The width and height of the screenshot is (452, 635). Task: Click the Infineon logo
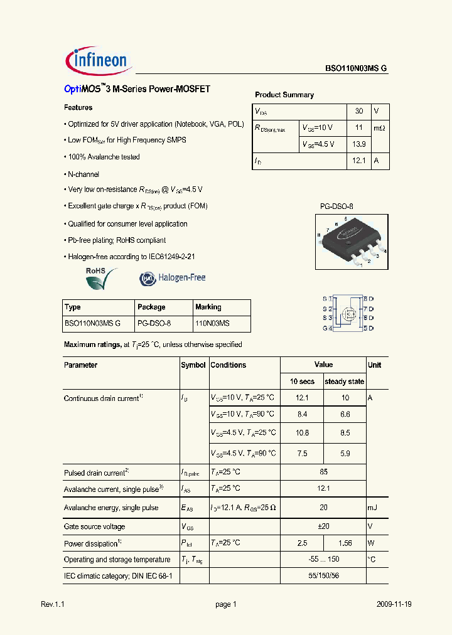pyautogui.click(x=97, y=61)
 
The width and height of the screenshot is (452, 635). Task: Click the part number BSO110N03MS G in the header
pyautogui.click(x=356, y=69)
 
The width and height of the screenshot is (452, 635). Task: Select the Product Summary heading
pyautogui.click(x=284, y=95)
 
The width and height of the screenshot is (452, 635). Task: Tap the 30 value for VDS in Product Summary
pyautogui.click(x=358, y=111)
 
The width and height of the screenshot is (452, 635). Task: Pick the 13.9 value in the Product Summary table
pyautogui.click(x=358, y=144)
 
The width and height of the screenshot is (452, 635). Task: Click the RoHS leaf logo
pyautogui.click(x=101, y=277)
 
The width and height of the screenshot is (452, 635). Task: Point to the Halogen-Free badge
pyautogui.click(x=173, y=277)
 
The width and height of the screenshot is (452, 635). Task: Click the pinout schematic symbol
pyautogui.click(x=348, y=313)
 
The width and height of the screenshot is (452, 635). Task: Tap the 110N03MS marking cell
pyautogui.click(x=212, y=323)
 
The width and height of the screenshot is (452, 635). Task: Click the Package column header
pyautogui.click(x=151, y=307)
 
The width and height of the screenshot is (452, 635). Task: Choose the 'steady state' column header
pyautogui.click(x=344, y=382)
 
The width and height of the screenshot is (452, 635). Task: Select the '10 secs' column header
pyautogui.click(x=301, y=382)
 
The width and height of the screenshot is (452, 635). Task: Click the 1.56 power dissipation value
pyautogui.click(x=344, y=543)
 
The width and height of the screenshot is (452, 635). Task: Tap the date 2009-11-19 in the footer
pyautogui.click(x=394, y=604)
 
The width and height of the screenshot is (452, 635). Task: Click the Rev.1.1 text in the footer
pyautogui.click(x=53, y=604)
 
